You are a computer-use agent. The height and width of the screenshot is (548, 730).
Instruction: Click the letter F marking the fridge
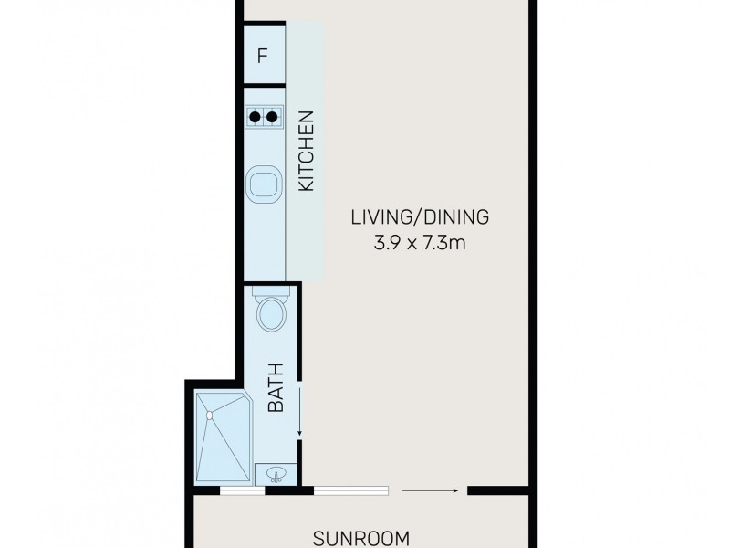[x=263, y=56]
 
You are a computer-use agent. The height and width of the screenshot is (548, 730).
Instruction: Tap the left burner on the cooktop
[x=255, y=117]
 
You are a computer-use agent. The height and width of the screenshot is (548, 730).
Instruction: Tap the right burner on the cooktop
[x=271, y=117]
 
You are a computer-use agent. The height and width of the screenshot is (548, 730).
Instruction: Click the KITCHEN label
[x=307, y=151]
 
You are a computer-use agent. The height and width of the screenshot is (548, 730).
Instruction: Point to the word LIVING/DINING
[x=421, y=217]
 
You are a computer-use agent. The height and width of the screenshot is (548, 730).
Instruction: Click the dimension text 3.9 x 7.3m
[x=421, y=244]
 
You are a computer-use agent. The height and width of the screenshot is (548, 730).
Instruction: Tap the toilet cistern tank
[x=271, y=294]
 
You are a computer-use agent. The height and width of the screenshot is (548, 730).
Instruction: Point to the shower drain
[x=209, y=416]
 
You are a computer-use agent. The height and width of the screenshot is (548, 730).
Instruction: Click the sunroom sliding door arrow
[x=429, y=490]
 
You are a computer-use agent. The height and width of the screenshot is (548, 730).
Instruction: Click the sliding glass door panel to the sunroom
[x=351, y=490]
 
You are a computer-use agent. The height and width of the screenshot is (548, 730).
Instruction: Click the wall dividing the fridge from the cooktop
[x=264, y=85]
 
